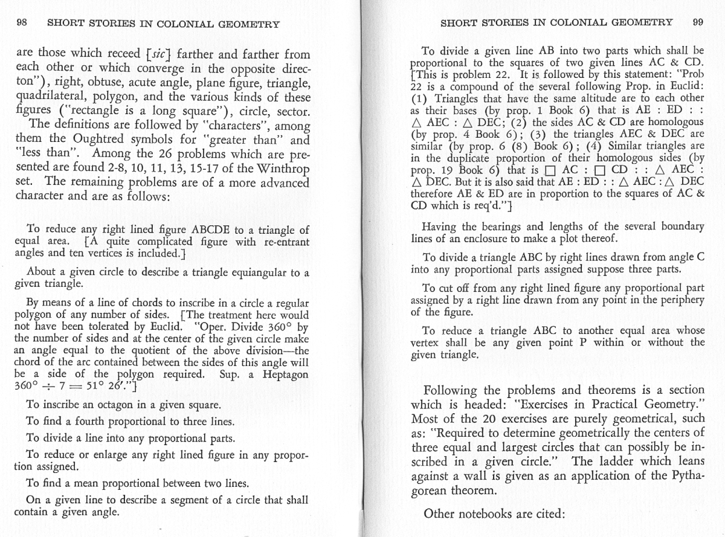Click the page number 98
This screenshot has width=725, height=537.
22,24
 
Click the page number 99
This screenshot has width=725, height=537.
698,22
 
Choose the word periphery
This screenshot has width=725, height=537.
681,300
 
